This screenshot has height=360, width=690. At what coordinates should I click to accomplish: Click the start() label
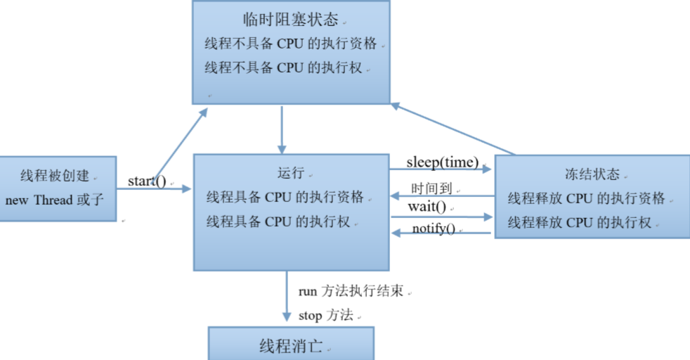tap(147, 181)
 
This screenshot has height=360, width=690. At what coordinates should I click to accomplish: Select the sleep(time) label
tap(442, 163)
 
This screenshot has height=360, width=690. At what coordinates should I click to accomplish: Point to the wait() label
tap(427, 207)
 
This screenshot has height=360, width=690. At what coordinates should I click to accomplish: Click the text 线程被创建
tap(54, 176)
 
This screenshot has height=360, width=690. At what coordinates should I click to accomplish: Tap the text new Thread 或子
tap(54, 200)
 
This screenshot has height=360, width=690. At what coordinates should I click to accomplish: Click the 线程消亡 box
tap(291, 346)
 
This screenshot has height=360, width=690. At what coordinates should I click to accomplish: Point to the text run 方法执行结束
tap(351, 291)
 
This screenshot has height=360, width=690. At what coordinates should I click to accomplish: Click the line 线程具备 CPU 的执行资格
tap(285, 197)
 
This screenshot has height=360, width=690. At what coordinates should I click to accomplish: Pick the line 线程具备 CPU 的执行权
tap(278, 221)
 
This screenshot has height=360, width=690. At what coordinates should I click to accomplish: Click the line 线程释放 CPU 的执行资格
tap(586, 198)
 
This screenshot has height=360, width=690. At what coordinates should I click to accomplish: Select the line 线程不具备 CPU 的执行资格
tap(291, 44)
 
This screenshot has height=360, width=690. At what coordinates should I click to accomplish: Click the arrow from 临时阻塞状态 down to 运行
tap(282, 130)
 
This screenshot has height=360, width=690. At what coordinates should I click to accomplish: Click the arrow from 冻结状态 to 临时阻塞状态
tap(454, 129)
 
